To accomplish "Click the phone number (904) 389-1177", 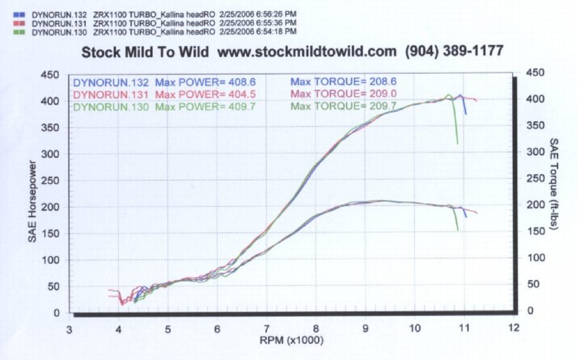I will pyautogui.click(x=454, y=52).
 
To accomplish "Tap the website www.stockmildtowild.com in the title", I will pyautogui.click(x=307, y=52).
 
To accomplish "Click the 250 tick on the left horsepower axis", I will pyautogui.click(x=50, y=180).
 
